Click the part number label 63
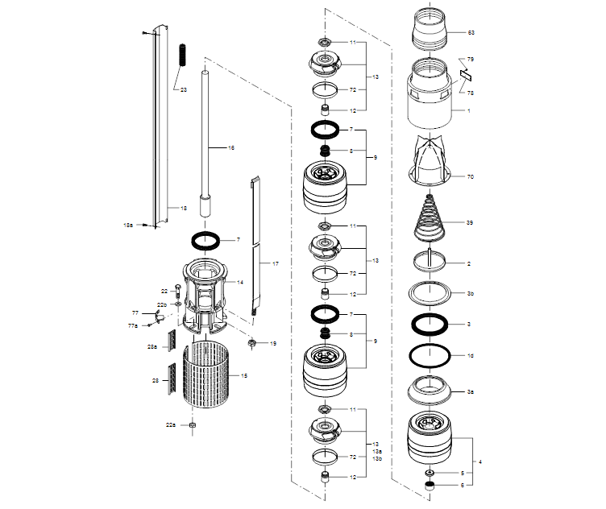point(471,33)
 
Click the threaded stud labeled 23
point(182,56)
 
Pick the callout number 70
point(471,176)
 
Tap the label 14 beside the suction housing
point(239,283)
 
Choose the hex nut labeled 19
point(252,344)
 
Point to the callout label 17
point(275,264)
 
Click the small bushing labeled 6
point(430,486)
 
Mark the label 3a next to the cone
point(471,391)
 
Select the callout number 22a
point(170,424)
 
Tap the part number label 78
point(471,93)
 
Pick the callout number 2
point(469,263)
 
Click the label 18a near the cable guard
point(128,225)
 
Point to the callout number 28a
point(151,346)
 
